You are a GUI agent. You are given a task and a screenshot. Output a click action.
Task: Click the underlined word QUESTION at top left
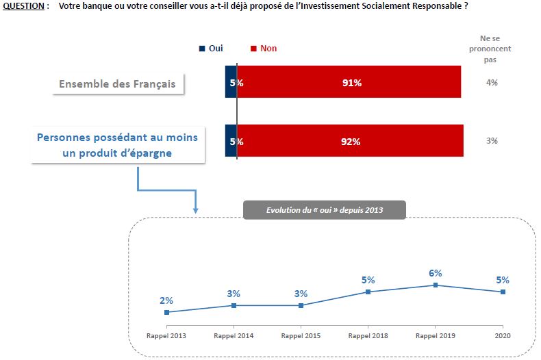tap(22, 5)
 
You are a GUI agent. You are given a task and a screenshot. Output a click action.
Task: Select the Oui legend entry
tap(210, 49)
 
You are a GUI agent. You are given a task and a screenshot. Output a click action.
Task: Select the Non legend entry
tap(264, 49)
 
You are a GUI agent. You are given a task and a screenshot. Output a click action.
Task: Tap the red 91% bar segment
tap(349, 83)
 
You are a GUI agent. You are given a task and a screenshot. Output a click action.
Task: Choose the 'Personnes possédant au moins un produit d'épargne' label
tap(117, 145)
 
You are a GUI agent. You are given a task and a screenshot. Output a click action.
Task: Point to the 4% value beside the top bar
tap(492, 83)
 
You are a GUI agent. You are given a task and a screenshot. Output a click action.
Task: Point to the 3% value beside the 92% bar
tap(492, 141)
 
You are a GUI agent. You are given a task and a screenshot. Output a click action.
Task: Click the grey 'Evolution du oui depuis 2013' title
tap(325, 210)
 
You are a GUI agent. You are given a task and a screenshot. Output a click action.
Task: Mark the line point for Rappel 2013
tap(166, 312)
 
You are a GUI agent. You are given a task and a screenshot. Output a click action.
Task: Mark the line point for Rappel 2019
tap(436, 285)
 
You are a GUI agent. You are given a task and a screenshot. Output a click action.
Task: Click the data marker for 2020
tap(503, 292)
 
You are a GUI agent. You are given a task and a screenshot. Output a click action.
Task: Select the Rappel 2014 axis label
tap(234, 336)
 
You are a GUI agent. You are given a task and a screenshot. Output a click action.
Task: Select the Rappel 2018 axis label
tap(368, 336)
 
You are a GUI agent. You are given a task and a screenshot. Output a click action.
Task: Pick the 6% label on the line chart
tap(436, 273)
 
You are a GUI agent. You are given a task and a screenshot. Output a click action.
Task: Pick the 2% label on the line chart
tap(166, 300)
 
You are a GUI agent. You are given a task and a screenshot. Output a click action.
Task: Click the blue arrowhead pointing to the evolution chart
tap(195, 209)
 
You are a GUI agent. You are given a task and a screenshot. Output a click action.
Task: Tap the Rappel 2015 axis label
tap(301, 336)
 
